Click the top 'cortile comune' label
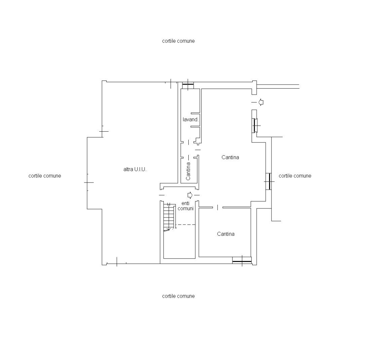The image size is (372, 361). click(x=178, y=41)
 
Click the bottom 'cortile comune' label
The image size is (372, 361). click(x=178, y=296)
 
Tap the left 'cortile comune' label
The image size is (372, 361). click(x=45, y=176)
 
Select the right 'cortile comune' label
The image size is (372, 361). click(x=295, y=176)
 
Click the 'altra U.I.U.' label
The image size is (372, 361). click(x=135, y=169)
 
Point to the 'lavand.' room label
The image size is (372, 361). click(x=190, y=120)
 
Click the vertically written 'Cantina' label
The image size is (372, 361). click(x=188, y=171)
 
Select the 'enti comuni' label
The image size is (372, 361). click(x=186, y=206)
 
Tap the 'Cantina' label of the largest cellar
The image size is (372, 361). click(x=230, y=157)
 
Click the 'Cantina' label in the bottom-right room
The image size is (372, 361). click(x=226, y=234)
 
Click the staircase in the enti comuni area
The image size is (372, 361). click(x=170, y=217)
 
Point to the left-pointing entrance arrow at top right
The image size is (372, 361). click(x=261, y=102)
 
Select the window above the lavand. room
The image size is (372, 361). click(x=188, y=85)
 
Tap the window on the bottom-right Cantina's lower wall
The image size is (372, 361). click(x=242, y=261)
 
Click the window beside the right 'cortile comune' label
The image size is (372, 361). click(x=269, y=182)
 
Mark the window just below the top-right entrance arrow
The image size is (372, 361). click(x=255, y=125)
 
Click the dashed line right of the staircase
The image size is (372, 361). click(x=186, y=224)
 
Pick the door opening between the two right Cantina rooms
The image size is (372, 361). click(x=218, y=207)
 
